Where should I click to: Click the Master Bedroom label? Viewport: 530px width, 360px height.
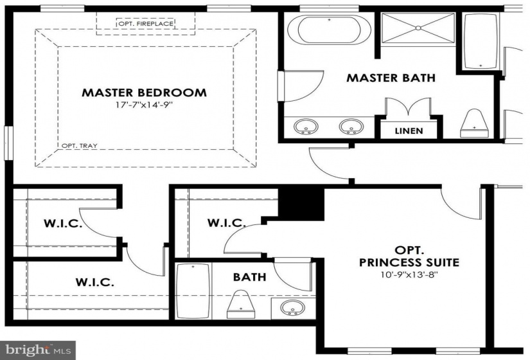coord(144,93)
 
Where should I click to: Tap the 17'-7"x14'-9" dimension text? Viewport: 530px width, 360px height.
coord(145,105)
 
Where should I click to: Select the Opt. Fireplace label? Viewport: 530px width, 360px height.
coord(146,24)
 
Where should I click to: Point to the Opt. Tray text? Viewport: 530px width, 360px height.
coord(80,146)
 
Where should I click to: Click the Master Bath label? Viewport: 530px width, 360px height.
coord(391,78)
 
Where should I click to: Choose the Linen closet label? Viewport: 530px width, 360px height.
coord(409,130)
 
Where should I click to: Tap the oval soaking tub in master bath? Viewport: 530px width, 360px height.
coord(329,30)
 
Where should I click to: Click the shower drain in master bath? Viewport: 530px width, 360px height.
coord(418,28)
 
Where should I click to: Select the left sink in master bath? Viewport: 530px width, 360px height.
coord(306,127)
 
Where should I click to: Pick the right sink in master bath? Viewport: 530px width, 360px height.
coord(351,127)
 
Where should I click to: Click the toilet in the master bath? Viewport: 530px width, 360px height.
coord(474,123)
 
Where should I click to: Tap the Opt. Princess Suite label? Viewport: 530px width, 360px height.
coord(409,256)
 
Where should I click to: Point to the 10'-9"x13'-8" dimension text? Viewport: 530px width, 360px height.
coord(409,274)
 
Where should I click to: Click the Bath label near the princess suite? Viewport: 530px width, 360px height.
coord(249,277)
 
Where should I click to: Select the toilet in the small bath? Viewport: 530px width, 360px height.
coord(241,304)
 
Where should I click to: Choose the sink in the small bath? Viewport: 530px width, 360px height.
coord(293,308)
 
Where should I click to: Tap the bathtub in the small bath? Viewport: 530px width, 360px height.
coord(193,291)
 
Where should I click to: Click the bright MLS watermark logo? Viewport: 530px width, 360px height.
coord(38,350)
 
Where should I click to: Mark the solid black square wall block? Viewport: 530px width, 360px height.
coord(301,204)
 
